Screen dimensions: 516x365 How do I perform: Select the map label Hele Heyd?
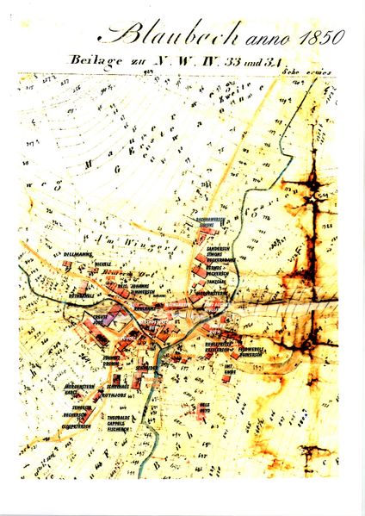tap(205, 407)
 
